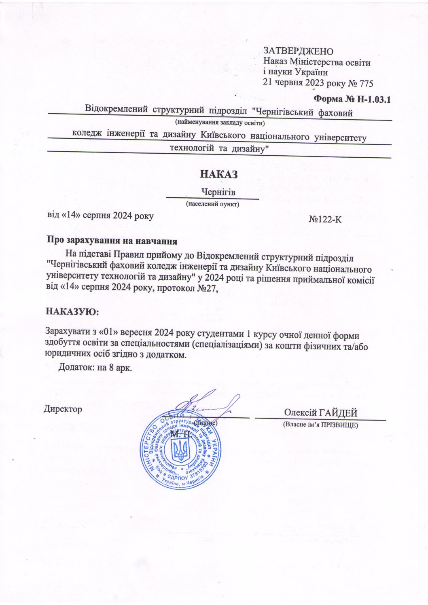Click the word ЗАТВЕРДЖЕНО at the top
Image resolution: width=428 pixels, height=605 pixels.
(298, 51)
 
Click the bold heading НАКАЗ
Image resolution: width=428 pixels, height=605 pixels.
(218, 174)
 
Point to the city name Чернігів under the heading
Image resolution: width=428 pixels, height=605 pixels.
(218, 192)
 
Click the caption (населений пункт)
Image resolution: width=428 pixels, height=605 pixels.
(212, 204)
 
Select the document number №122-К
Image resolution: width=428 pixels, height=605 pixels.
(325, 220)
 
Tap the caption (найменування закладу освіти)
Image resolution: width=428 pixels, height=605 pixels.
(220, 121)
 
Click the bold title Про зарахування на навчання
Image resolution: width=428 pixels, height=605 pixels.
(112, 241)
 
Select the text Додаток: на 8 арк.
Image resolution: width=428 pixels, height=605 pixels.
(95, 368)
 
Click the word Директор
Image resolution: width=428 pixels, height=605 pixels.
(63, 409)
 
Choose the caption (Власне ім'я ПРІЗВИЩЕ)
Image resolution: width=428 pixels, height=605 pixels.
(320, 425)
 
